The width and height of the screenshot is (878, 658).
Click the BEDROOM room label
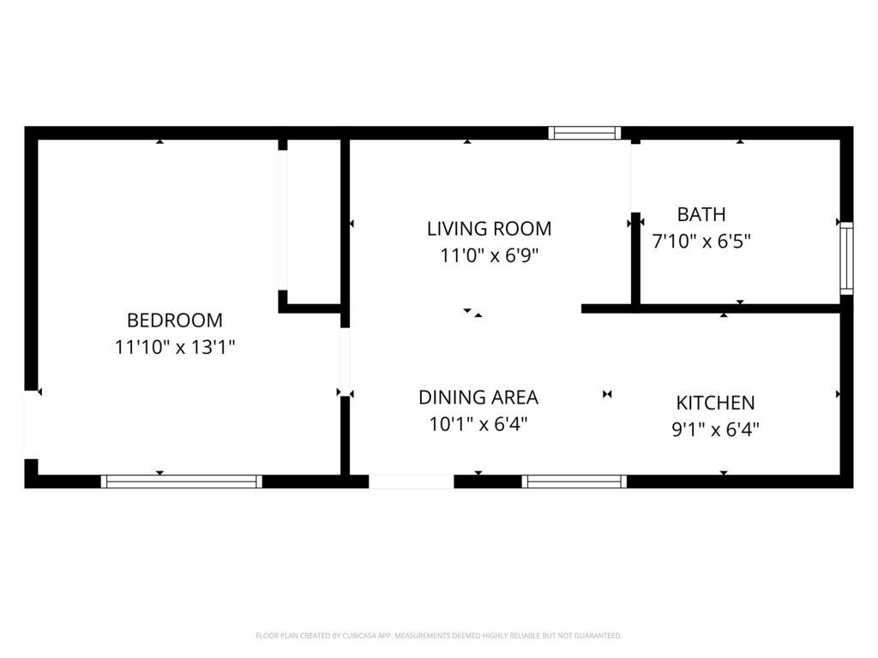click(175, 320)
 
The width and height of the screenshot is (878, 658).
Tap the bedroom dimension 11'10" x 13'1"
click(175, 347)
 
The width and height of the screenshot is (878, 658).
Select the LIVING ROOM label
click(489, 228)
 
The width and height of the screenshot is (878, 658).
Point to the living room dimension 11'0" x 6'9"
click(489, 255)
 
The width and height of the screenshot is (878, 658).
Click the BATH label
click(701, 213)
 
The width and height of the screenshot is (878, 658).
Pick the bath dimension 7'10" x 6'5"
click(701, 241)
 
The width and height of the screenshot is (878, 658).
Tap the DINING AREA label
click(478, 397)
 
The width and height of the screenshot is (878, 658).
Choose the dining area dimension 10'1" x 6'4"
click(478, 424)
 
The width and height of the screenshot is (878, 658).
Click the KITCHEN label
click(715, 403)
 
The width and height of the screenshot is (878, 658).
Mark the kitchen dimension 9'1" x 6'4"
click(715, 429)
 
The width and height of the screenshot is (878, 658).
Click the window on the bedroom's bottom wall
click(182, 482)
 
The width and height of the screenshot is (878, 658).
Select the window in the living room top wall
click(585, 133)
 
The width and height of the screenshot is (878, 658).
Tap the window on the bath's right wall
click(846, 258)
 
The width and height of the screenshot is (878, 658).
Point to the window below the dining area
click(574, 482)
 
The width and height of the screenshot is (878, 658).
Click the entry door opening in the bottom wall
click(411, 482)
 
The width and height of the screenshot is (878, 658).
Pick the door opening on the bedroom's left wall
click(31, 424)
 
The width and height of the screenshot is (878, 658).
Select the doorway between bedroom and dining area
click(345, 362)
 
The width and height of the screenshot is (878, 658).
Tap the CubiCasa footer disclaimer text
click(438, 636)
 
